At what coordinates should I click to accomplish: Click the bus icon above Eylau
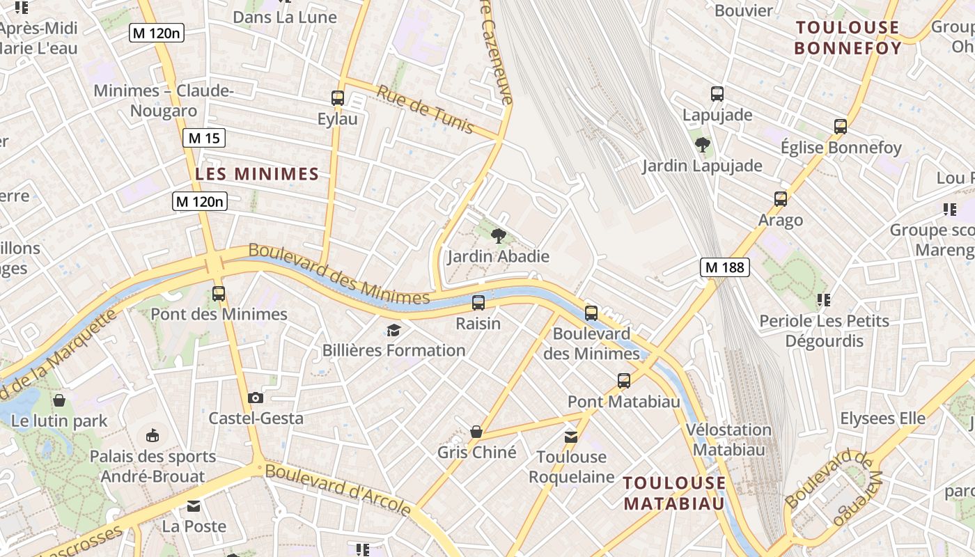tap(338, 98)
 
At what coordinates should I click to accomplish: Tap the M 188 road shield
tap(724, 267)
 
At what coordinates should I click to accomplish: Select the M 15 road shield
tap(204, 138)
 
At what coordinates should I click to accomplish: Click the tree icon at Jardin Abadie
tap(498, 236)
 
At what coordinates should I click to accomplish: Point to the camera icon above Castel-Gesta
tap(256, 398)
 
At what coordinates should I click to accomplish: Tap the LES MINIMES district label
tap(257, 174)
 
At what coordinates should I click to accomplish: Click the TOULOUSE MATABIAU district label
tap(674, 493)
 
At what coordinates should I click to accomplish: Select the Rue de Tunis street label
tap(425, 109)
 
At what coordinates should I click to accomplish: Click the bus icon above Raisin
tap(478, 303)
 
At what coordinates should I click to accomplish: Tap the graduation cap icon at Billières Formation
tap(394, 330)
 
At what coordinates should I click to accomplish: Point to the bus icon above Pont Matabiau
tap(624, 381)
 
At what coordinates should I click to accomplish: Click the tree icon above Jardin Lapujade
tap(703, 145)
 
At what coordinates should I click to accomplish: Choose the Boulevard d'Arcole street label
tap(338, 489)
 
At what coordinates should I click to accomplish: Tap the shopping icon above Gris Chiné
tap(476, 432)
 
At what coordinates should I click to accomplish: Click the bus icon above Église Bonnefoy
tap(841, 127)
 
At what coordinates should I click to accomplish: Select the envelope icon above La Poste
tap(193, 505)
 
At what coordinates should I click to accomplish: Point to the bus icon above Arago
tap(781, 199)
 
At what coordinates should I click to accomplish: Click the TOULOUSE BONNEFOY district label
tap(848, 38)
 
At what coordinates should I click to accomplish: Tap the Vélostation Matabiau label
tap(728, 439)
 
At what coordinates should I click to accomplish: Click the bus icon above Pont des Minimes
tap(219, 294)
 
